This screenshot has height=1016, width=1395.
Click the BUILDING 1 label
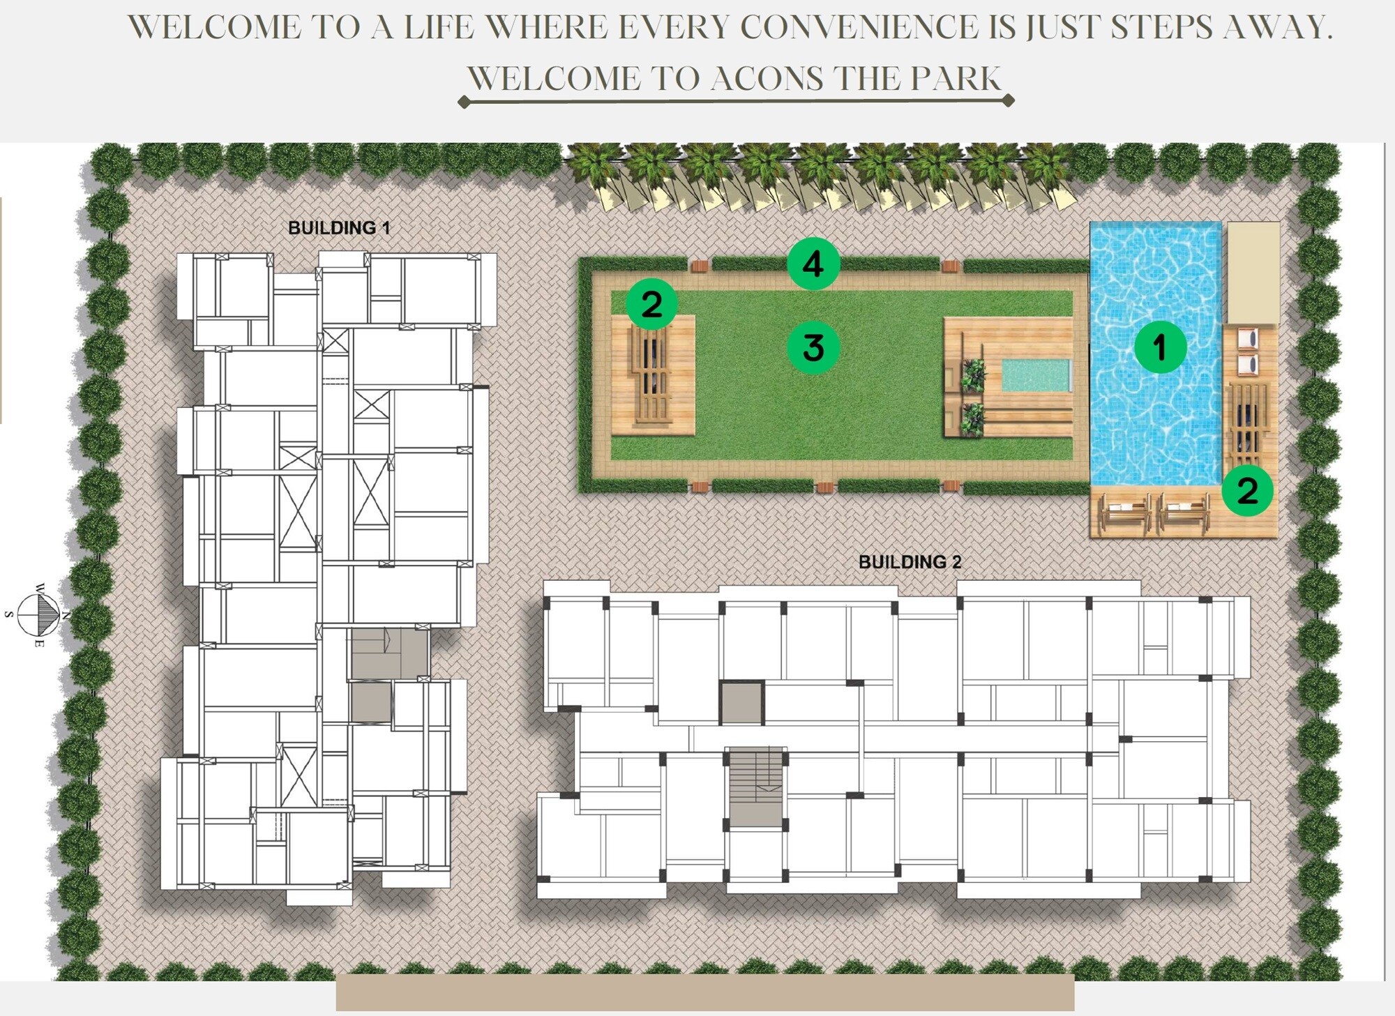(x=339, y=228)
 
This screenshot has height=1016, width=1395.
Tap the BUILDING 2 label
(x=910, y=562)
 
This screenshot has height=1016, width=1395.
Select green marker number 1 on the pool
(x=1160, y=347)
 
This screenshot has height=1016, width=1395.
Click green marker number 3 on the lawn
(x=813, y=347)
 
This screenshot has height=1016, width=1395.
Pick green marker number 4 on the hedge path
(x=813, y=264)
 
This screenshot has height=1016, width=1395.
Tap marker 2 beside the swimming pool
(x=1247, y=490)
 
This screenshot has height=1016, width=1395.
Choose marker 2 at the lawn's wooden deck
(x=651, y=304)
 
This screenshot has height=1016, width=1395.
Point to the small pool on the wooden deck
(x=1036, y=375)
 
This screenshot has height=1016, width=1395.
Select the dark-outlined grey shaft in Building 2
(x=742, y=703)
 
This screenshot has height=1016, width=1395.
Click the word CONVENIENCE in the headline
(x=859, y=27)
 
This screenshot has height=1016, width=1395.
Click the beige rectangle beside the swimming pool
(x=1253, y=273)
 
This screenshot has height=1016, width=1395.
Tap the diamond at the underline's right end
(x=1008, y=100)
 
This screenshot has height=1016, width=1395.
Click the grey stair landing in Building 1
(x=389, y=653)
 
